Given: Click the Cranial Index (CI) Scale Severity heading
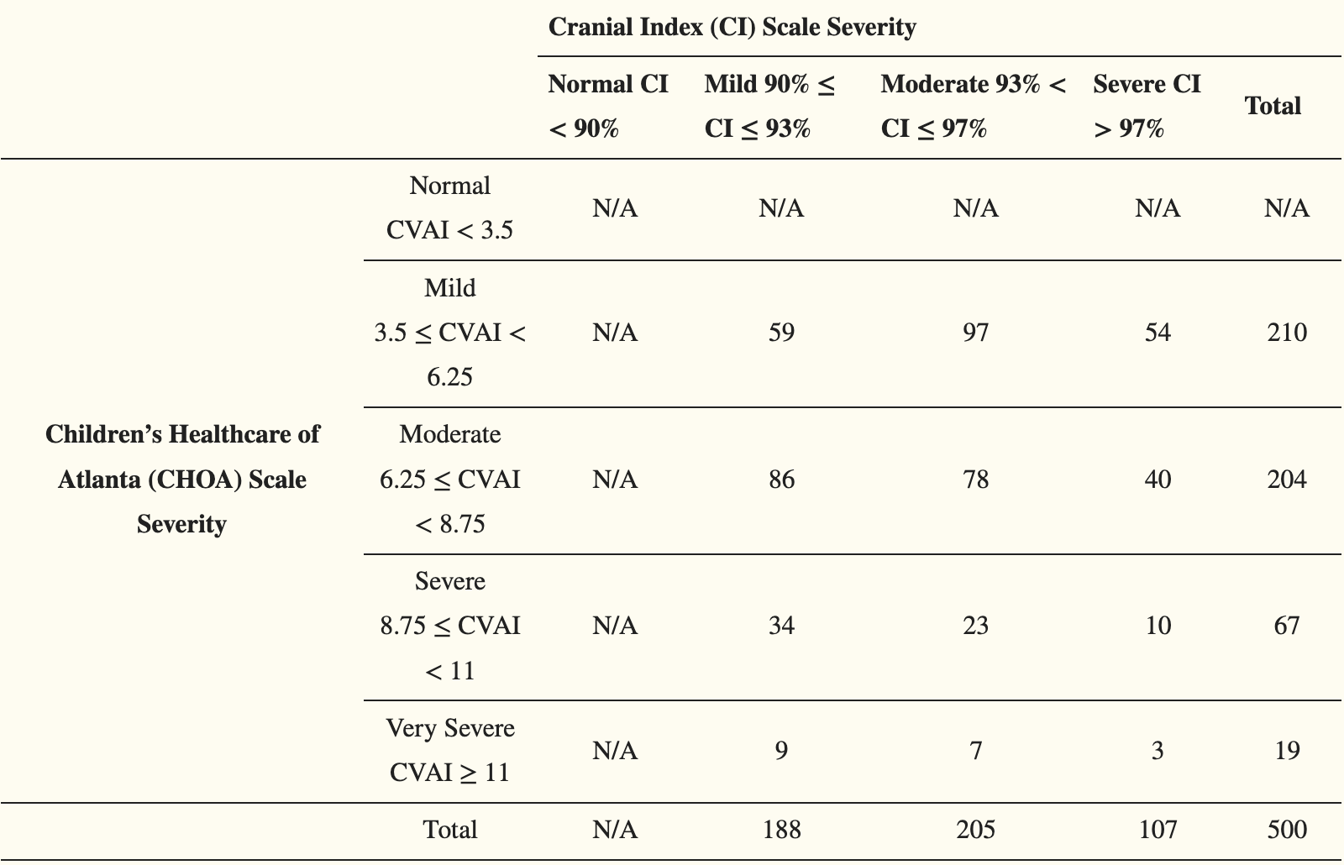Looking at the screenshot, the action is pyautogui.click(x=732, y=28).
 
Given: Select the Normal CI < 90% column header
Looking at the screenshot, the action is pyautogui.click(x=608, y=106).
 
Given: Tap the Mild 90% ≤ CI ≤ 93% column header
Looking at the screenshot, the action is pyautogui.click(x=769, y=106).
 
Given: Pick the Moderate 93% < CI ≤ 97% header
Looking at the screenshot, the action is pyautogui.click(x=974, y=106).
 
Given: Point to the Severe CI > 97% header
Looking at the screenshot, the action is pyautogui.click(x=1147, y=106).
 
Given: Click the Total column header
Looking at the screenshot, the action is pyautogui.click(x=1273, y=106).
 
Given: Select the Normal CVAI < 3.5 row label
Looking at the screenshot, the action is pyautogui.click(x=449, y=208).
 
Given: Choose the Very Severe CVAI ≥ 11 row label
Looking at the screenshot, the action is pyautogui.click(x=450, y=751).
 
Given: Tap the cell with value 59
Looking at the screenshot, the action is pyautogui.click(x=781, y=333).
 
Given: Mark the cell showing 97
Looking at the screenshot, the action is pyautogui.click(x=975, y=333).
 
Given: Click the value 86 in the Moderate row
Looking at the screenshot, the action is pyautogui.click(x=781, y=480).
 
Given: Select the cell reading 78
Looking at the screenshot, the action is pyautogui.click(x=975, y=480).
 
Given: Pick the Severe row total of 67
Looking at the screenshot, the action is pyautogui.click(x=1286, y=626).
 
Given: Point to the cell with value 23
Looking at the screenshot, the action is pyautogui.click(x=975, y=626).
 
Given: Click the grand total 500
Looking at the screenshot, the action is pyautogui.click(x=1287, y=830).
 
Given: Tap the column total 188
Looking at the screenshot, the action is pyautogui.click(x=781, y=830).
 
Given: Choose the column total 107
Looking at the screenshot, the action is pyautogui.click(x=1158, y=830).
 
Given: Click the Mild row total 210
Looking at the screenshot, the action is pyautogui.click(x=1287, y=333).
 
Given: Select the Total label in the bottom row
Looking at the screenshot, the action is pyautogui.click(x=450, y=830).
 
